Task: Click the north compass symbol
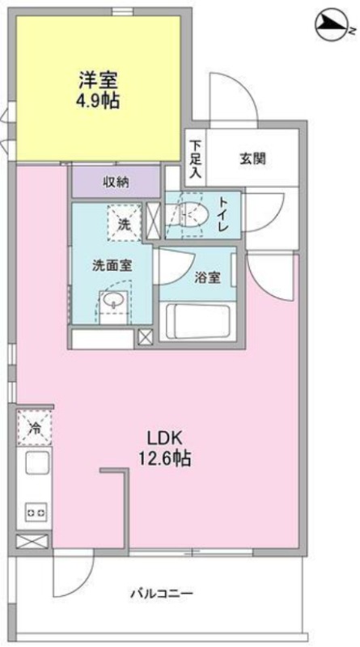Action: (333, 27)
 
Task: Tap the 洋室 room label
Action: (98, 80)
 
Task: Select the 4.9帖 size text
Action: (98, 100)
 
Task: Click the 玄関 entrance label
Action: (252, 159)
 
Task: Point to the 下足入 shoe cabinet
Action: (195, 159)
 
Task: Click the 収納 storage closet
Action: (116, 182)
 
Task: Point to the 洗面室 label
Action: (112, 266)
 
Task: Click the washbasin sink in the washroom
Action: (112, 302)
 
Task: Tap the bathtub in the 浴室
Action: (194, 321)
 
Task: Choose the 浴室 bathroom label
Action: (208, 277)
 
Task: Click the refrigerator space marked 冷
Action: (35, 428)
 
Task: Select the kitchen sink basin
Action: (37, 463)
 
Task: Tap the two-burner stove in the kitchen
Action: (36, 513)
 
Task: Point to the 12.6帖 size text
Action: (164, 458)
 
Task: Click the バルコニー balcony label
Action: (163, 594)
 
